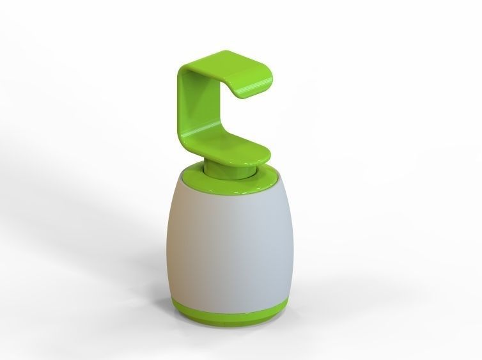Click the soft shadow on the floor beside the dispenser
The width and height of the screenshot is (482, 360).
128,269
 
